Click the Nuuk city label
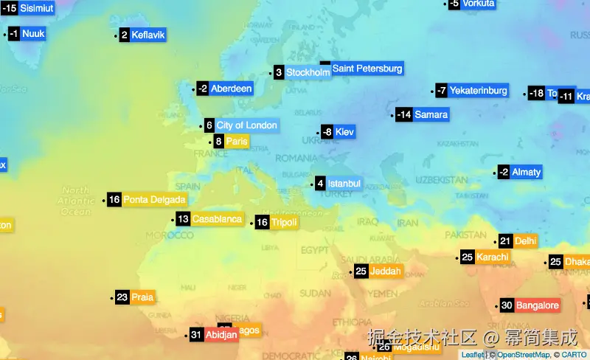(x=33, y=34)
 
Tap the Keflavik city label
(x=148, y=35)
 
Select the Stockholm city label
(x=308, y=72)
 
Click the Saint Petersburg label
(x=367, y=69)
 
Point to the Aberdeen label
(x=231, y=89)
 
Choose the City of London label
(x=246, y=125)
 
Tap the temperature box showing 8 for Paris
(x=218, y=142)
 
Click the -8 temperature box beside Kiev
(x=327, y=132)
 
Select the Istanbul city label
(x=344, y=183)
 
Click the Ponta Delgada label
(x=154, y=199)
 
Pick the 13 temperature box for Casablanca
(x=183, y=218)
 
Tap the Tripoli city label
(x=284, y=222)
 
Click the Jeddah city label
(x=387, y=271)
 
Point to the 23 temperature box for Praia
(x=122, y=297)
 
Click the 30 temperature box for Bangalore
(x=507, y=305)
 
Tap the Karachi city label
(x=492, y=257)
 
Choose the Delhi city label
(x=526, y=240)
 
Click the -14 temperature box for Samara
(x=403, y=114)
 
